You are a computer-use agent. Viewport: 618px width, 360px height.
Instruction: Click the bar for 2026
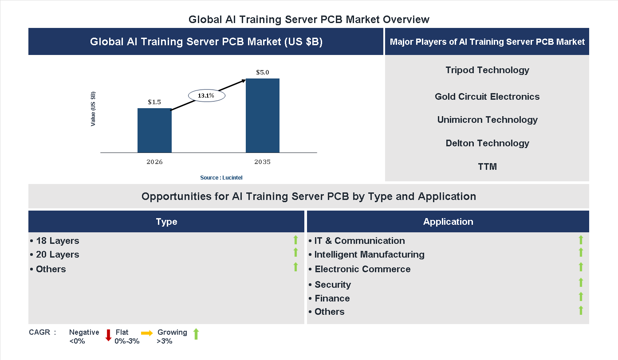click(154, 130)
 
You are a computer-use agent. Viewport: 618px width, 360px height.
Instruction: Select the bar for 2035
click(263, 116)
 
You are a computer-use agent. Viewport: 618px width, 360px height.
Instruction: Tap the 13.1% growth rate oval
click(206, 95)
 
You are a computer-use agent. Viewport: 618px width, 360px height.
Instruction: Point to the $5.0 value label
click(263, 72)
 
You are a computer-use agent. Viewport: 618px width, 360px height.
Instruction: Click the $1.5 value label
click(154, 102)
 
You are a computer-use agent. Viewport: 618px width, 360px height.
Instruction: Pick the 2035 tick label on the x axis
click(263, 162)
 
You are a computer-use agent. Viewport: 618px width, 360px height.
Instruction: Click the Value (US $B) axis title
click(93, 109)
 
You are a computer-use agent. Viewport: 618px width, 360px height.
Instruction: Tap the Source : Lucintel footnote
click(221, 177)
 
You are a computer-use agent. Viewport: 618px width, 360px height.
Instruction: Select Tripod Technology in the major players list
click(487, 70)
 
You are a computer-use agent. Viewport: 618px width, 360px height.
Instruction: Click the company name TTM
click(487, 167)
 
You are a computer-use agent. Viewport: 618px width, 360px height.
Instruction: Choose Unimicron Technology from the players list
click(487, 120)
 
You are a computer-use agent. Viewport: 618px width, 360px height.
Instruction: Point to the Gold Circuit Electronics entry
click(487, 97)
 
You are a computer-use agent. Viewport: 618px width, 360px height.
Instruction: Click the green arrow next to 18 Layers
click(295, 240)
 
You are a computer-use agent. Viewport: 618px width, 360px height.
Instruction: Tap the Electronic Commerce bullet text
click(362, 269)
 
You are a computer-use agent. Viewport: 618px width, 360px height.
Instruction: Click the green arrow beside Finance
click(581, 297)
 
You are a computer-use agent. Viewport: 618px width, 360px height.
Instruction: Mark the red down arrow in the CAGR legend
click(108, 335)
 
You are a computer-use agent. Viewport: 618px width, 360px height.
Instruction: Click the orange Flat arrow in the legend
click(147, 333)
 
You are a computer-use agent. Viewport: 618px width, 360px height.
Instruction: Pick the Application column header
click(448, 222)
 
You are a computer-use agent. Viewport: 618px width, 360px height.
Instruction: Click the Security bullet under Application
click(332, 285)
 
